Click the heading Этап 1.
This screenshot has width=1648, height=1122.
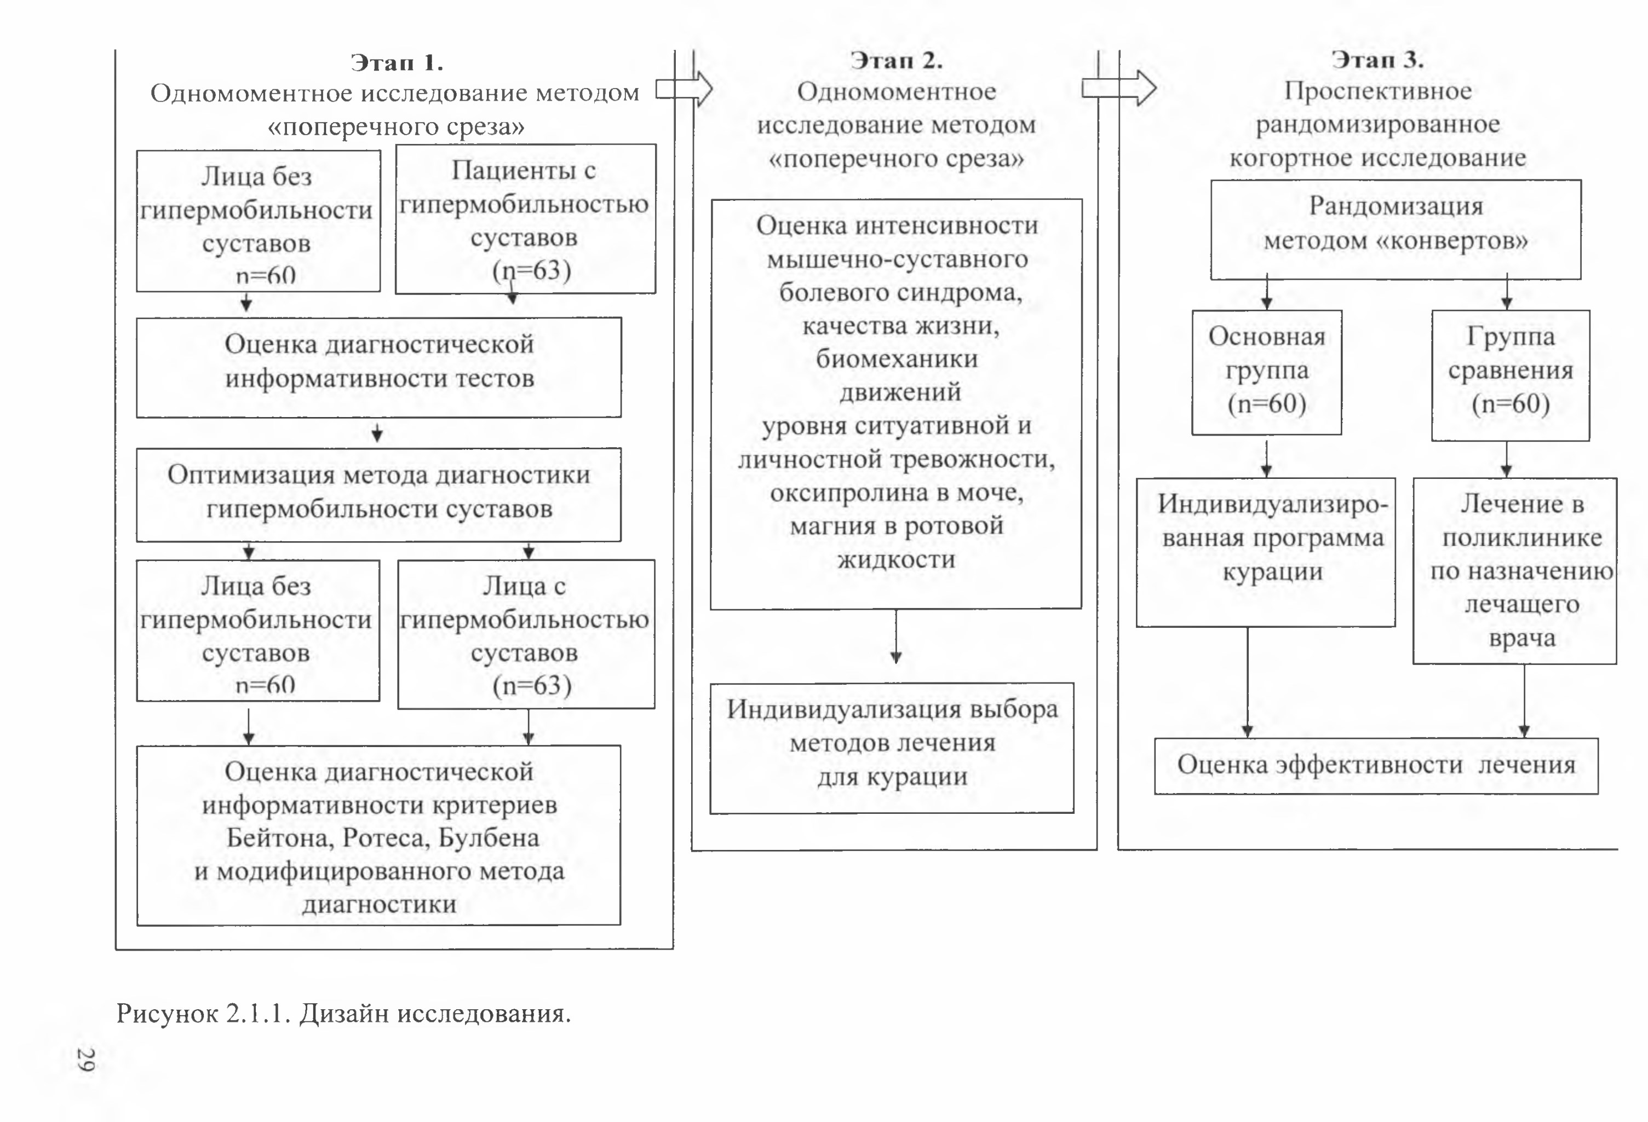397,63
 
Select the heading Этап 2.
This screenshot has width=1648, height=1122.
897,60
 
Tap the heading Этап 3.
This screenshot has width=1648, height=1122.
1377,60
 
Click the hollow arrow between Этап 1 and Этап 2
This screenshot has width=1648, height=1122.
684,89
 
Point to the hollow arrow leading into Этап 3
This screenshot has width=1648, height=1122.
1119,88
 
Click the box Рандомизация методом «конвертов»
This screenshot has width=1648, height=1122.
1396,229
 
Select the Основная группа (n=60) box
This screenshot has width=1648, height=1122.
1266,372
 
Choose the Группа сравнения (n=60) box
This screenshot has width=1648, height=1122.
1511,375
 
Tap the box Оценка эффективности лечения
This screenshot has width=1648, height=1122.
1376,766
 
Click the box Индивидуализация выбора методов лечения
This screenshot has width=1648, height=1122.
892,748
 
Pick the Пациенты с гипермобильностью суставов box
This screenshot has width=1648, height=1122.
525,219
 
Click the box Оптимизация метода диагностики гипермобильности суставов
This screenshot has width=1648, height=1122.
378,495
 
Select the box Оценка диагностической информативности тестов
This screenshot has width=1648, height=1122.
378,367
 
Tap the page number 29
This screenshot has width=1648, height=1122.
86,1059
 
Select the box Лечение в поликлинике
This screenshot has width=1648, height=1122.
1515,570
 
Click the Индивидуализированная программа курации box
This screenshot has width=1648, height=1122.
1266,552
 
